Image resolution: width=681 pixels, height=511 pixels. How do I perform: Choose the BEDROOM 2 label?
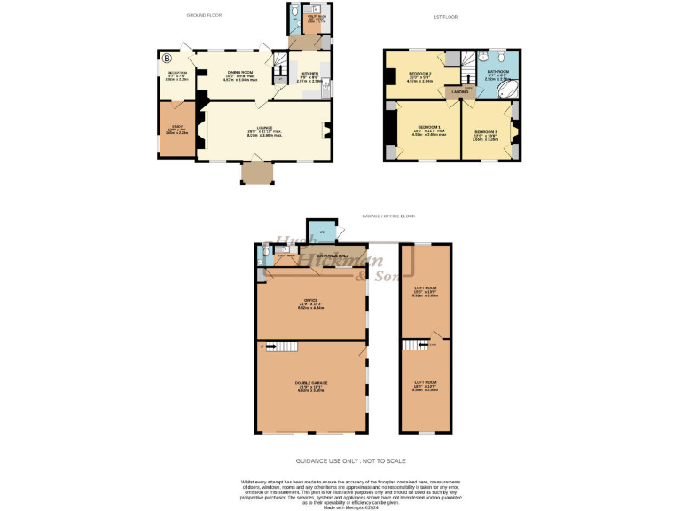(419, 74)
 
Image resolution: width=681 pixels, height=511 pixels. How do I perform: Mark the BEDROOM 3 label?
(486, 131)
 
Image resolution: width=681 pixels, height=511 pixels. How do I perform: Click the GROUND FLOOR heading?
(205, 16)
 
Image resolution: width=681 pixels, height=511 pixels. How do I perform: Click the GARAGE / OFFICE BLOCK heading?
(387, 216)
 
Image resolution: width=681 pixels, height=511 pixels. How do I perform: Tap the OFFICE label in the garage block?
(310, 301)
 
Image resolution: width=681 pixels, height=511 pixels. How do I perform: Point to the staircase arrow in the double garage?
(276, 348)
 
